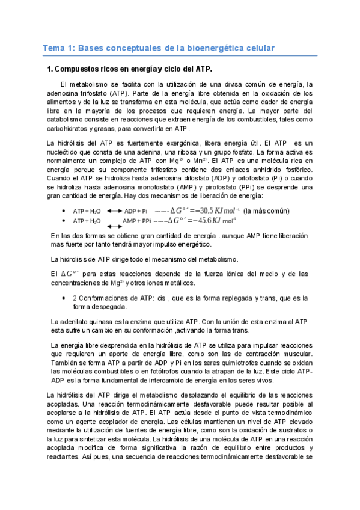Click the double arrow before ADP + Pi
click(114, 211)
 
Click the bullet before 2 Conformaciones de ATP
click(64, 298)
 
